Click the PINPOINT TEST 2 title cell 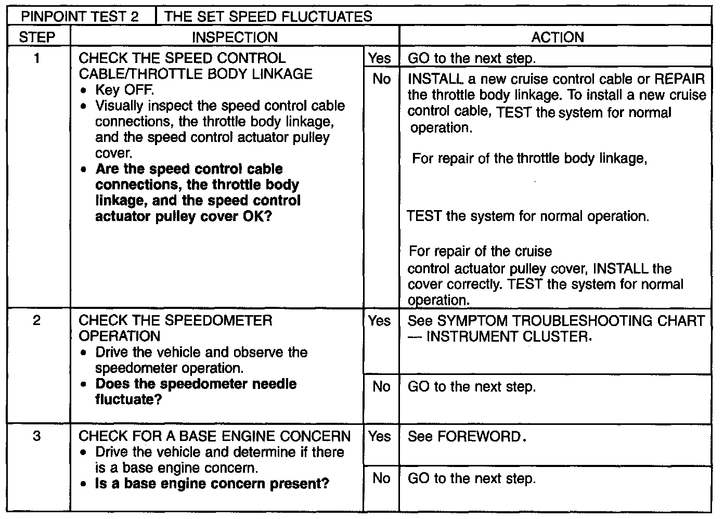coord(80,17)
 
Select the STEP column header coord(37,37)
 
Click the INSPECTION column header coord(235,37)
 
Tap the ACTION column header coord(557,37)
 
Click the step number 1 coord(37,58)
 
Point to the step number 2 coord(37,320)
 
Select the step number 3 coord(37,436)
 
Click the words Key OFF coord(124,90)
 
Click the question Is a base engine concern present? coord(212,484)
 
